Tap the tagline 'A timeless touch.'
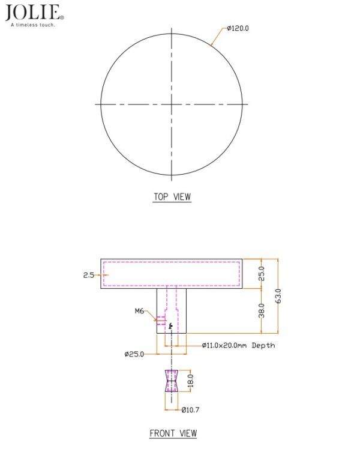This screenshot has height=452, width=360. click(33, 25)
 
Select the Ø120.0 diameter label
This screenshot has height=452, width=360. click(238, 28)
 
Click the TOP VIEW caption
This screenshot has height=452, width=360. click(172, 197)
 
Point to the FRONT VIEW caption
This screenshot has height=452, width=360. click(173, 433)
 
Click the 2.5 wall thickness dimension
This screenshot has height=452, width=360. click(89, 275)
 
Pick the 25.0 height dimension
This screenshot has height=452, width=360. click(261, 273)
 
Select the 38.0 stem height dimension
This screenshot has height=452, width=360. click(261, 310)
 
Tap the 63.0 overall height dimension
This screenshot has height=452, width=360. click(278, 296)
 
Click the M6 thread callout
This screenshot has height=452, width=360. click(140, 311)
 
